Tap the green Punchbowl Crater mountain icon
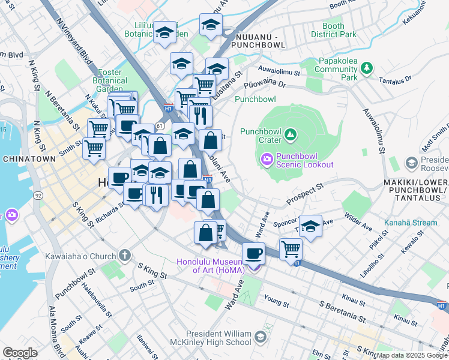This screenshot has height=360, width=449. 291,133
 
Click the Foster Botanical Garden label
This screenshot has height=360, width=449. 110,81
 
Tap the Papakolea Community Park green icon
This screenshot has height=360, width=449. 365,70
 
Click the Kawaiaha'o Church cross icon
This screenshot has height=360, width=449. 124,256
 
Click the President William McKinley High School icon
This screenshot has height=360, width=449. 259,338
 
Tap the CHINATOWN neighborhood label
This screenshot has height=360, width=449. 29,159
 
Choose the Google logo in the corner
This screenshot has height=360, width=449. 20,353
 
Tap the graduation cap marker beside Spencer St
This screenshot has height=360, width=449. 310,226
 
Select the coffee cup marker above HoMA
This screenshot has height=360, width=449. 253,253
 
